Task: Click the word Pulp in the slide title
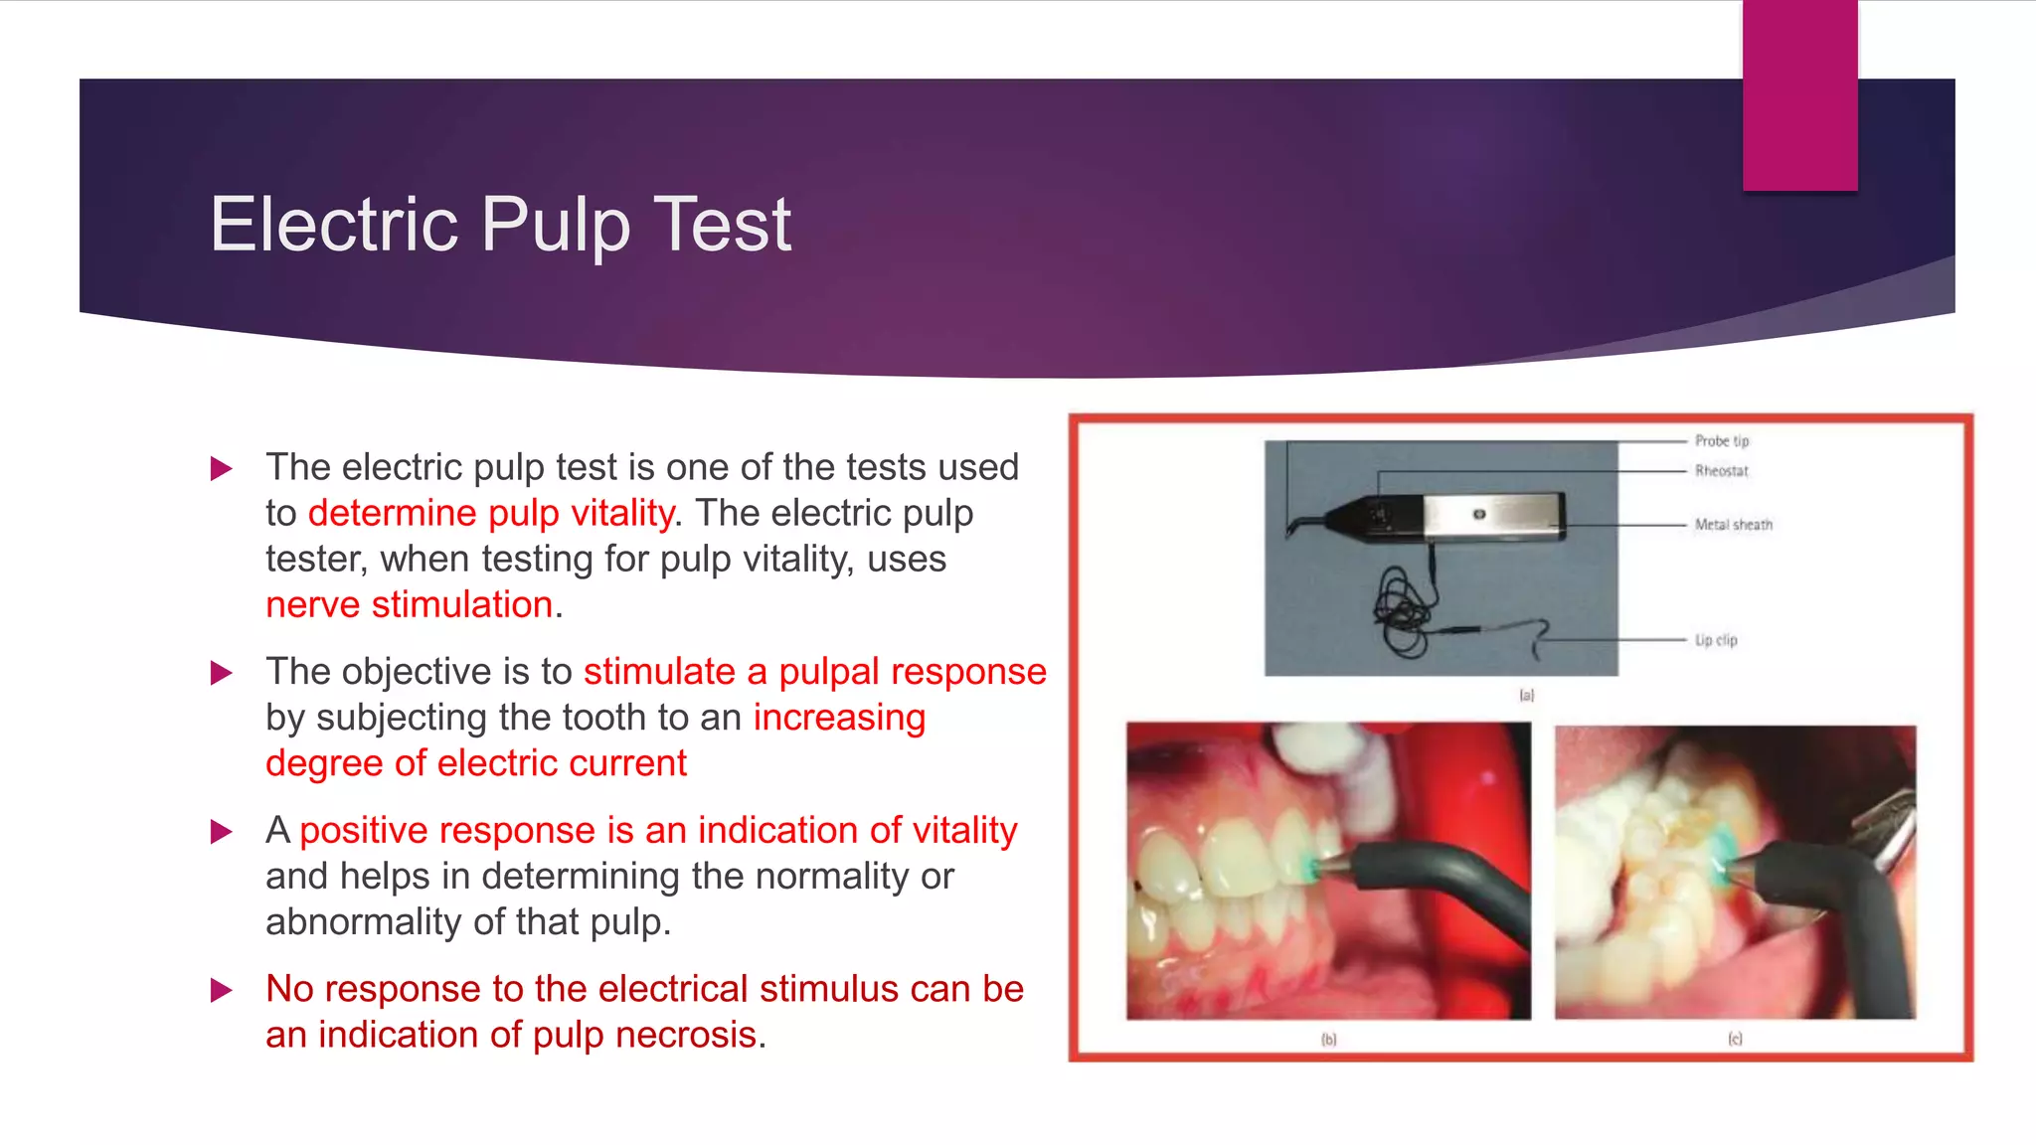click(x=556, y=226)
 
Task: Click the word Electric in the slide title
click(x=334, y=224)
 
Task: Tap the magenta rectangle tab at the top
click(x=1799, y=95)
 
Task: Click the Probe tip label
click(x=1722, y=440)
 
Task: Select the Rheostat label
click(x=1721, y=471)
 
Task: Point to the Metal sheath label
click(x=1733, y=525)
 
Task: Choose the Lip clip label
click(x=1716, y=640)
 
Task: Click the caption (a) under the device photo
click(x=1527, y=696)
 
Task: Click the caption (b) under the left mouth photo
click(x=1329, y=1040)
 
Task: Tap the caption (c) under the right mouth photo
click(x=1735, y=1039)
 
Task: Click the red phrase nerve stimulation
click(x=409, y=604)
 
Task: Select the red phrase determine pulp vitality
click(x=491, y=513)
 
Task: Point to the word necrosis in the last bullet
click(x=686, y=1035)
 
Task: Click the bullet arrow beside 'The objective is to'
click(x=222, y=673)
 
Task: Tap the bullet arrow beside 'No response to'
click(x=222, y=990)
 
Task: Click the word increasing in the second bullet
click(x=839, y=718)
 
